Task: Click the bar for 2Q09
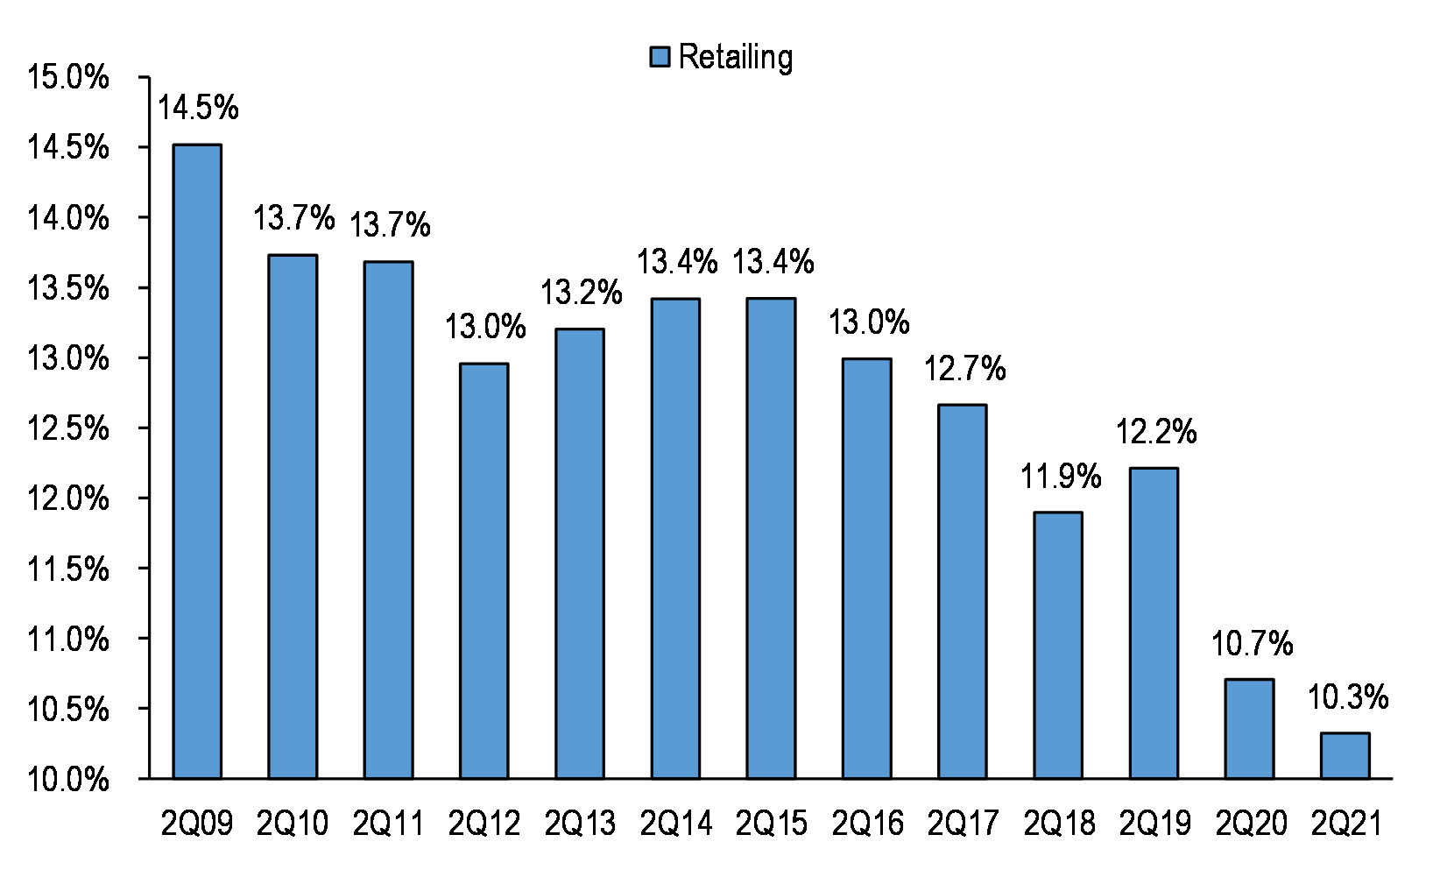click(197, 462)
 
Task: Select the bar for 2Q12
click(484, 570)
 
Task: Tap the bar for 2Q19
click(1154, 623)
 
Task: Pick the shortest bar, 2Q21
click(1345, 756)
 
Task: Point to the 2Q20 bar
click(1249, 729)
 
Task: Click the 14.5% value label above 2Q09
click(198, 109)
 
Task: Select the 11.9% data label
click(1060, 477)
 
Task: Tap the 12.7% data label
click(964, 369)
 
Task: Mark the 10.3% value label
click(1347, 698)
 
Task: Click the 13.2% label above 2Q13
click(581, 293)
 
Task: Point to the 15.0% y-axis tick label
click(68, 77)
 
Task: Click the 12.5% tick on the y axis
click(68, 428)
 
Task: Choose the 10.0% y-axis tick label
click(68, 780)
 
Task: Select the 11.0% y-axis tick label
click(68, 640)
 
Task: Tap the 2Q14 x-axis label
click(675, 824)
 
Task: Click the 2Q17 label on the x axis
click(963, 824)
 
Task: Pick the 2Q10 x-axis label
click(293, 824)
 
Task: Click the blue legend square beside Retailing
click(660, 57)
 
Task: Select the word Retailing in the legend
click(736, 57)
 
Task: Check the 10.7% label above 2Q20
click(1252, 645)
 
